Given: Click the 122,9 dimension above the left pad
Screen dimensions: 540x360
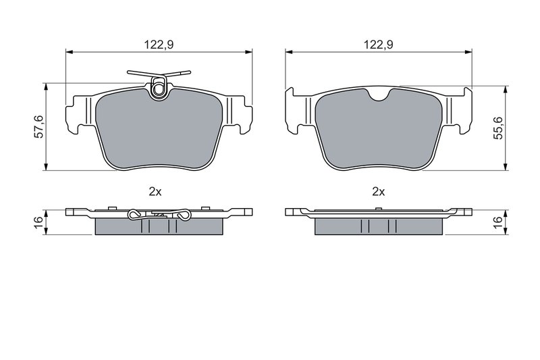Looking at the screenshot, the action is coord(159,45).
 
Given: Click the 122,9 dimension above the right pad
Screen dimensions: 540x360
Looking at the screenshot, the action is coord(379,45).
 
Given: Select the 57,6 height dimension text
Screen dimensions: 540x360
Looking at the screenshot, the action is coord(40,126).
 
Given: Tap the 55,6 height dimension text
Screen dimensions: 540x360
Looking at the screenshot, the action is coord(498,128).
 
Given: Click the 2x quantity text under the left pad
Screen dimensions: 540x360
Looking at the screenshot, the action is coord(155,192).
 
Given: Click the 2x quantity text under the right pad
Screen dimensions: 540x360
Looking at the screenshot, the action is coord(378,192).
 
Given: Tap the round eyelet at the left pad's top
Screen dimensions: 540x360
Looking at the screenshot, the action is coord(159,89).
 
